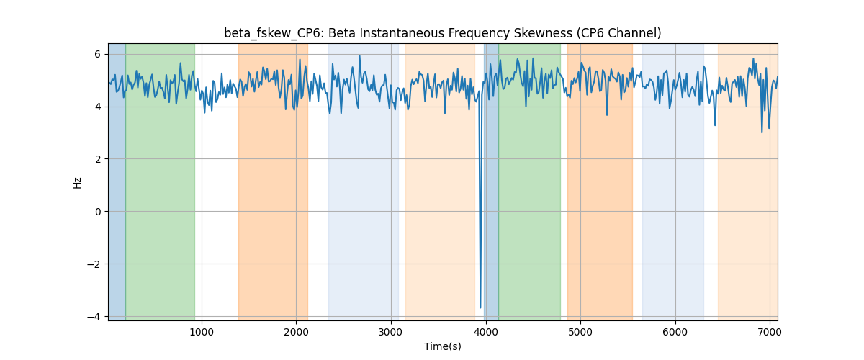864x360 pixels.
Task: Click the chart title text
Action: coord(442,33)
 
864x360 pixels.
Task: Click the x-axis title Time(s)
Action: coord(442,346)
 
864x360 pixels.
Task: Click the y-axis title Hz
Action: coord(78,182)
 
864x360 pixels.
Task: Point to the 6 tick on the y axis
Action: coord(98,55)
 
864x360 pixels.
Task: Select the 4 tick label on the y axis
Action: coord(98,107)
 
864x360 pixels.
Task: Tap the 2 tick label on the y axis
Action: coord(98,159)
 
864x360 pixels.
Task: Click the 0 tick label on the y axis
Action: coord(98,212)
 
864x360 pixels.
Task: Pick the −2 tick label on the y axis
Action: coord(94,264)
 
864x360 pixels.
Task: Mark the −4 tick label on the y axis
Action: coord(94,316)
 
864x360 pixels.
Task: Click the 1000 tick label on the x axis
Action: coord(202,332)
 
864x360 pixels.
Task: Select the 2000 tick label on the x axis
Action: coord(296,332)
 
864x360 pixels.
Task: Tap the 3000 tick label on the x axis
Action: coord(391,332)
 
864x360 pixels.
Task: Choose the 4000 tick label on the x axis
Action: coord(485,332)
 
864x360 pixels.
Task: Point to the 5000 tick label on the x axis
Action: coord(580,332)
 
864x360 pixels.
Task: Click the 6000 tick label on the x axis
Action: coord(675,332)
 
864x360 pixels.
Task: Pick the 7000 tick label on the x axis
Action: coord(770,332)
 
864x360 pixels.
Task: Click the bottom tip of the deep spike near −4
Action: coord(480,308)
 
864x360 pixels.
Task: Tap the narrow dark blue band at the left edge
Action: coord(117,182)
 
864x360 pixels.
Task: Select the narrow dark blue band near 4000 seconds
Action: coord(491,182)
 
